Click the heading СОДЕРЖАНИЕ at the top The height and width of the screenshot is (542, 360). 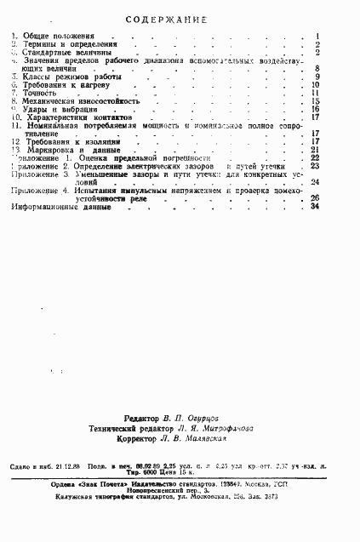[180, 17]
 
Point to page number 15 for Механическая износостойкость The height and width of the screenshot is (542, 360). [315, 100]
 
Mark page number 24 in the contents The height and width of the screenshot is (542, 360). [315, 181]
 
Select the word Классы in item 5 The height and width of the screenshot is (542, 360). [33, 77]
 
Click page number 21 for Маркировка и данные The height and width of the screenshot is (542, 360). [315, 150]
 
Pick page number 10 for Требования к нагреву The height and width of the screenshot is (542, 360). [315, 84]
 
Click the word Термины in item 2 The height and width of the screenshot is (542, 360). [37, 44]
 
